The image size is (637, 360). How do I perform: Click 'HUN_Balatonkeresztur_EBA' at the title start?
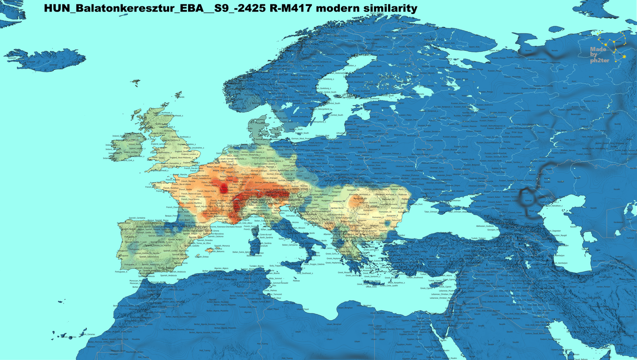point(121,8)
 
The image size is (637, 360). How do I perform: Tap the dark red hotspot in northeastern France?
point(224,188)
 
